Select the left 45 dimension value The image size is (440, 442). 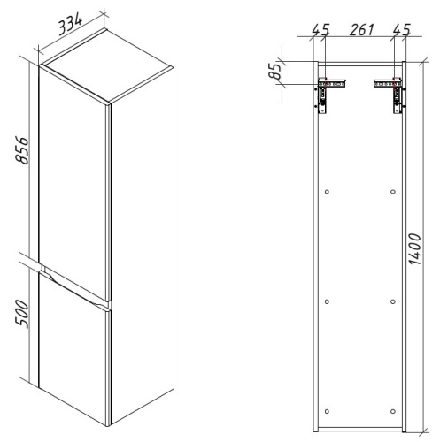(320, 30)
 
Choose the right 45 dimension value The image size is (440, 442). (400, 30)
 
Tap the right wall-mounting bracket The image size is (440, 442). (391, 93)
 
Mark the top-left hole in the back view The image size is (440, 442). (327, 192)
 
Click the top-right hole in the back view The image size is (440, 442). (392, 192)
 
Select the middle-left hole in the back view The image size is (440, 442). (327, 301)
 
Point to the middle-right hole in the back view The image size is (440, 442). (392, 301)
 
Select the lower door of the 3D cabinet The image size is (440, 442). (75, 354)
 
